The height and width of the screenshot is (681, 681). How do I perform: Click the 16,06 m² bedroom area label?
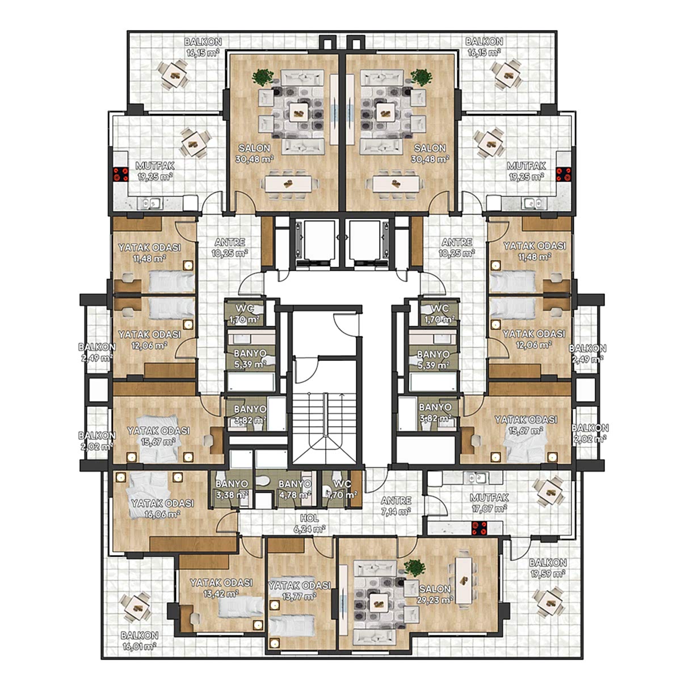coord(162,509)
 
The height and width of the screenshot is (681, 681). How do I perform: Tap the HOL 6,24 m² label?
coord(310,524)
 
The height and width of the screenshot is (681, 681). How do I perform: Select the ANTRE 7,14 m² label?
coord(396,506)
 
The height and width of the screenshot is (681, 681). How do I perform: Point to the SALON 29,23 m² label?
coord(435,594)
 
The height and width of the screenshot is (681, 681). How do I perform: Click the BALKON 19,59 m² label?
coord(548,567)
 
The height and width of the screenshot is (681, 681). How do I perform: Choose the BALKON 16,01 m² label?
coord(139,640)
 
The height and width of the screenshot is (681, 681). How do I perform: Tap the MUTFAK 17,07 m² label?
coord(489,503)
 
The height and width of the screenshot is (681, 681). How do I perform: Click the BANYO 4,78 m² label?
coord(295,489)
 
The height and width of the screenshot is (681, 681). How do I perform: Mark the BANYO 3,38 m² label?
coord(232,489)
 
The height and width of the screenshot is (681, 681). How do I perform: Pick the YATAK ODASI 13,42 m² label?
coord(221,588)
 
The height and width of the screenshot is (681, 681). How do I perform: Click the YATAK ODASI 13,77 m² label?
coord(299,591)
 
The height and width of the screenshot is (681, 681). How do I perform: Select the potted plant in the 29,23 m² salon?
coord(415,568)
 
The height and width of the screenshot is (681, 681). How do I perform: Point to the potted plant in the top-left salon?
coord(263,77)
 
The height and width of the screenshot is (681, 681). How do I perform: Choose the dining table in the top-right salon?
coord(395,183)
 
